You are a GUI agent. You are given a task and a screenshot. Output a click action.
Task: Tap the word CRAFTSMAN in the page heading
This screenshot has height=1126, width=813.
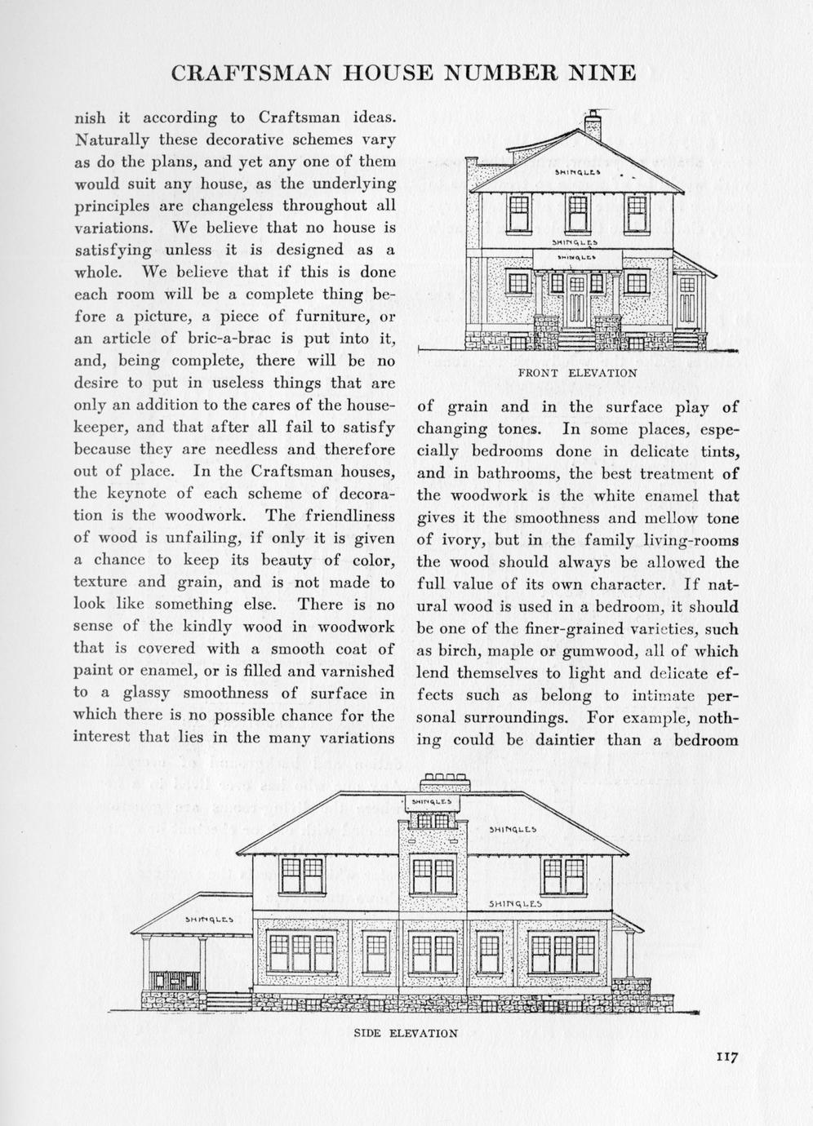[251, 73]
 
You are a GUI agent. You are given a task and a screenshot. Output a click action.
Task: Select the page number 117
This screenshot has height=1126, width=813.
[726, 1057]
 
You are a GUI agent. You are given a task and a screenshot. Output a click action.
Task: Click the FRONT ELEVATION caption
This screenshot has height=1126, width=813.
[577, 373]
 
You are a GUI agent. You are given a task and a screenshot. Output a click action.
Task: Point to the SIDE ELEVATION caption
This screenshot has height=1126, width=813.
[406, 1033]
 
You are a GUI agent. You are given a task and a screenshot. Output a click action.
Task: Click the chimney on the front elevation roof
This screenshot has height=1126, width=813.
[593, 126]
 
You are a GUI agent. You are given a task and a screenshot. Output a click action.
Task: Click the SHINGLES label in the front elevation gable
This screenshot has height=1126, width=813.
[577, 172]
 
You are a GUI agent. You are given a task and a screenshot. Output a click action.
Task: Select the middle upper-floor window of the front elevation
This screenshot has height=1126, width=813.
[577, 213]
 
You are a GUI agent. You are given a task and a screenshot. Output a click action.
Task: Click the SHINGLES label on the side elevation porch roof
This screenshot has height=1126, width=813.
[209, 920]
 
